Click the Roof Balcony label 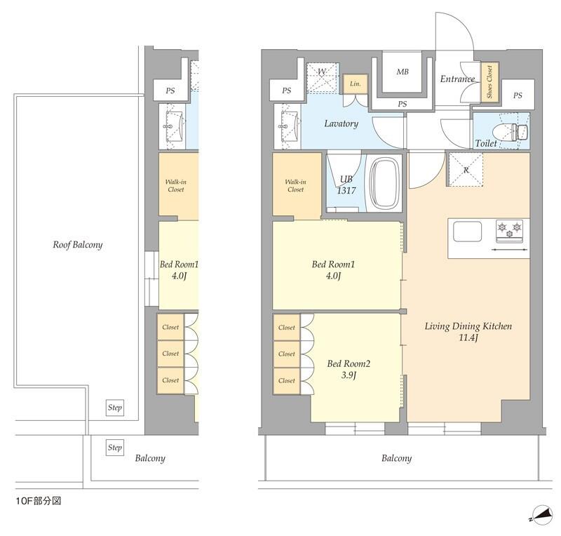pos(78,245)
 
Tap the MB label pos(403,72)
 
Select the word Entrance pos(457,79)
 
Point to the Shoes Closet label pos(489,82)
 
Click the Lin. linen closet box pos(356,83)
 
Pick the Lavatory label pos(342,123)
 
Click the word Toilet pos(486,143)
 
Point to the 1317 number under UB pos(346,191)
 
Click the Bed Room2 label pos(349,364)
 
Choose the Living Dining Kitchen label pos(468,326)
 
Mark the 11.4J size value pos(468,337)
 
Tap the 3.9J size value pos(349,375)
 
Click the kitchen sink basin pos(467,232)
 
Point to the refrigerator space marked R pos(466,169)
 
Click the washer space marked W pos(323,79)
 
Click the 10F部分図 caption pos(39,500)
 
